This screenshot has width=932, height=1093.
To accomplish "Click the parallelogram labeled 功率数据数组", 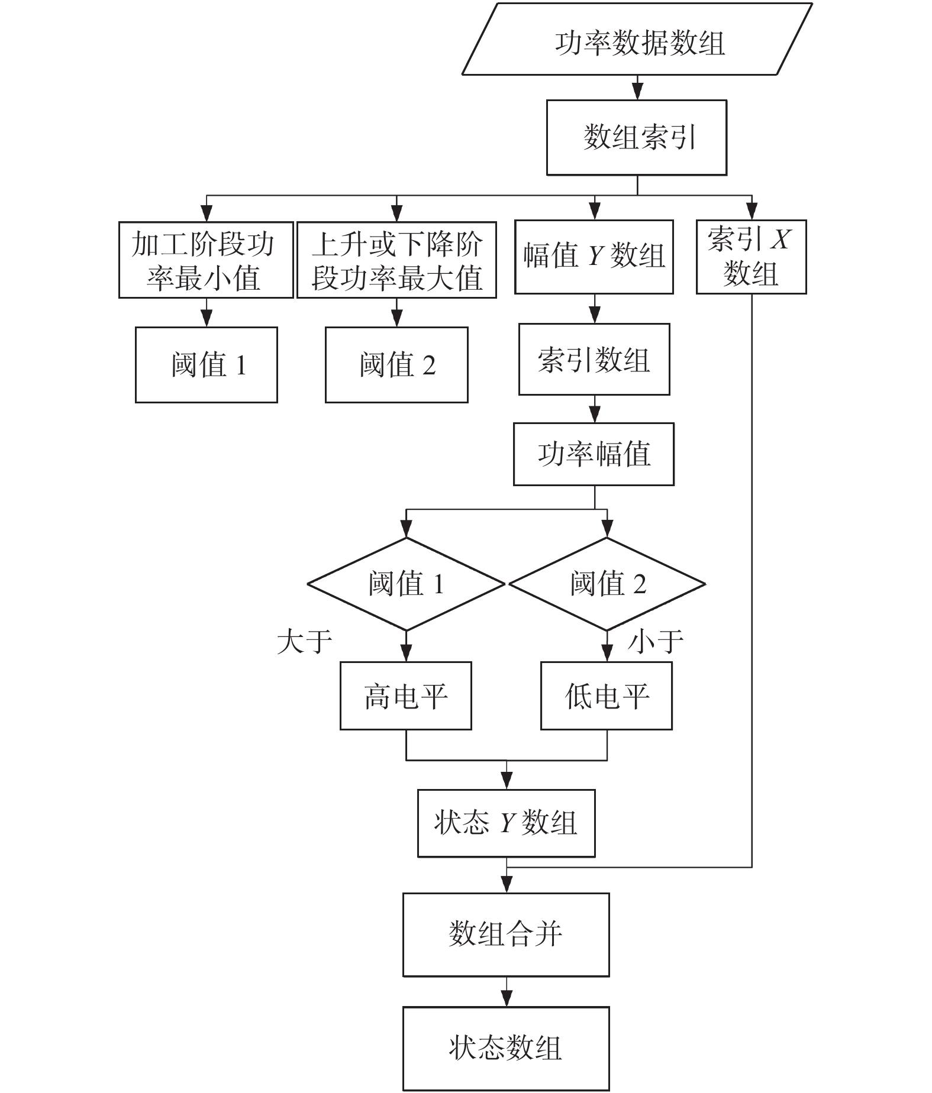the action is click(637, 39).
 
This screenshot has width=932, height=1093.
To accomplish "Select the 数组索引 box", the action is click(637, 137).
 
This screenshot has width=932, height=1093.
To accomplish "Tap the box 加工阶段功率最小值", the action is click(206, 260).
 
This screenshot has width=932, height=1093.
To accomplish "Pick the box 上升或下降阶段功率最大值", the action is click(396, 260).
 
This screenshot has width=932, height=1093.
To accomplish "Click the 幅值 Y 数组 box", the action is click(594, 257).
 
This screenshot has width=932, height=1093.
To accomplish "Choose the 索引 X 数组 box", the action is click(752, 257).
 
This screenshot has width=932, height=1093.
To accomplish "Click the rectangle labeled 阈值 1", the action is click(207, 365).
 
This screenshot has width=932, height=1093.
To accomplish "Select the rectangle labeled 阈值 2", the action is click(396, 365).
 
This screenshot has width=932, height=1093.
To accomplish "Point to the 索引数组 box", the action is click(594, 359).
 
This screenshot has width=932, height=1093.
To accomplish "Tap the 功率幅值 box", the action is click(594, 454).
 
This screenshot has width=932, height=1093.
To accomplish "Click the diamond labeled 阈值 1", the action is click(406, 584).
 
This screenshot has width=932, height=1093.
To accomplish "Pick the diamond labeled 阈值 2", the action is click(607, 584).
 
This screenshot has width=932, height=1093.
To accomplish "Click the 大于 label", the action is click(305, 642).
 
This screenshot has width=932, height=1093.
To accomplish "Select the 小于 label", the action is click(656, 642).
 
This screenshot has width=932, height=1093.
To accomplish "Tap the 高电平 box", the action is click(406, 696).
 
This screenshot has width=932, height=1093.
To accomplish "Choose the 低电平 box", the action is click(607, 696).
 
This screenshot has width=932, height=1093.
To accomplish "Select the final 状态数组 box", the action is click(507, 1048).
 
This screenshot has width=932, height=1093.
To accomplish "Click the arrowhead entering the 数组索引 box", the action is click(637, 92).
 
